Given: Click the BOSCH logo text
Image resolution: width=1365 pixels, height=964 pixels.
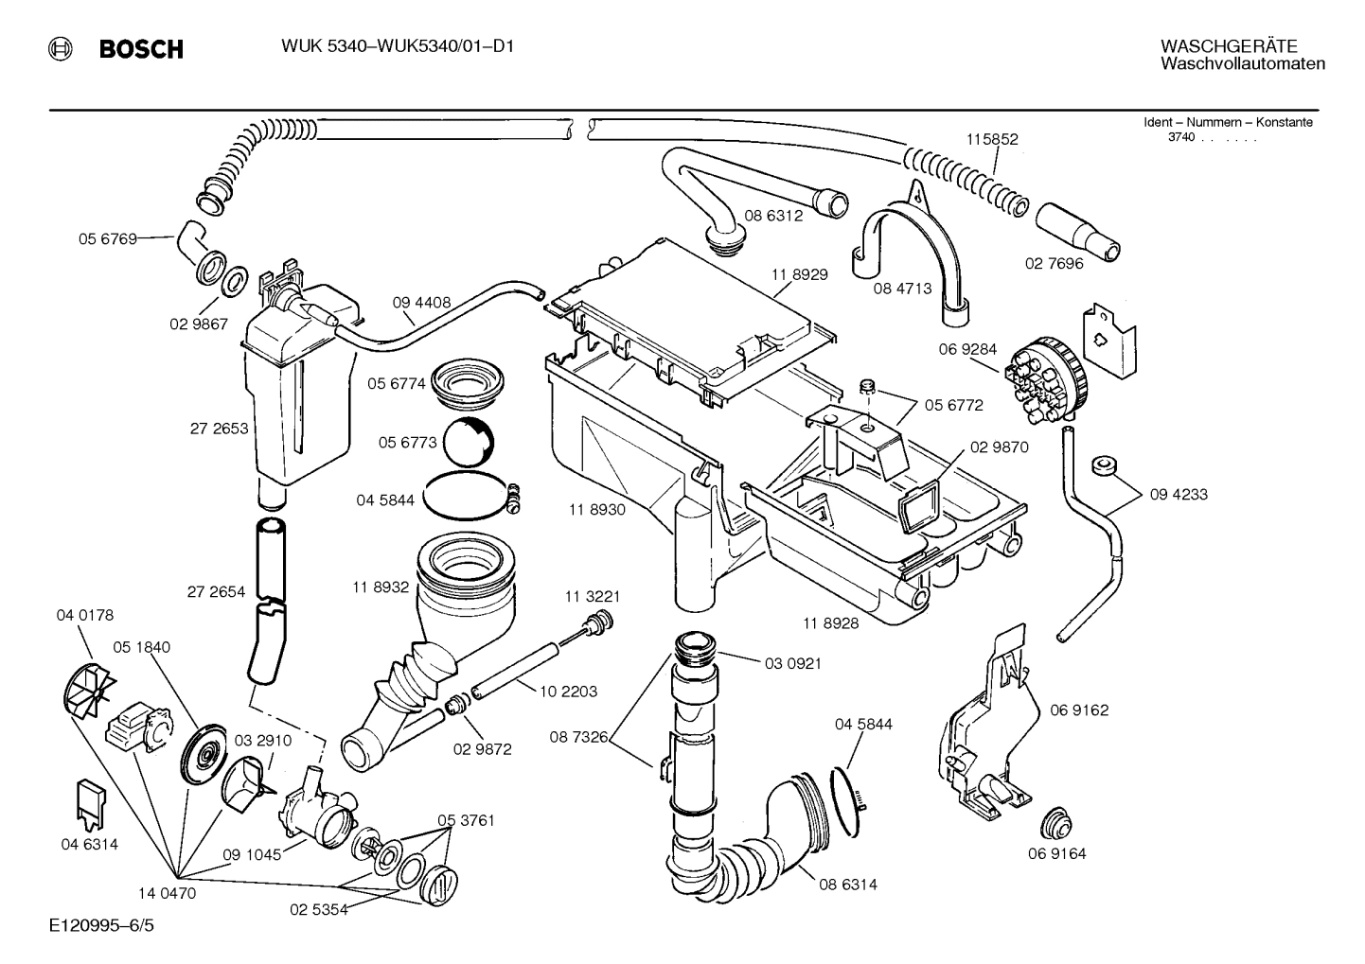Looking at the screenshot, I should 141,49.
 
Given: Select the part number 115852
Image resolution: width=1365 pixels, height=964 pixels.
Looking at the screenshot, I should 992,139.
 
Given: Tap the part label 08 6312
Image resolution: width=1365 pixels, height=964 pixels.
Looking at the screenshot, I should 772,216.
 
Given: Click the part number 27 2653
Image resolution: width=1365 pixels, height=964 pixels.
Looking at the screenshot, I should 219,429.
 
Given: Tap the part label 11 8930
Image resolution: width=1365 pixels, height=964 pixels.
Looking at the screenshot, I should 596,510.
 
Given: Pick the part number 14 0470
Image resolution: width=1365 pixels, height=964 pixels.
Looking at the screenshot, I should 167,891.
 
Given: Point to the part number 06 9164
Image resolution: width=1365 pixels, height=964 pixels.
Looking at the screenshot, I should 1056,853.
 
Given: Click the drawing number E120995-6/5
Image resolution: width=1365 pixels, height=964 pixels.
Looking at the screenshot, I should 102,924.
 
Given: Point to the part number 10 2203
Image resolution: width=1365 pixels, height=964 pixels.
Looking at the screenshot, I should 568,692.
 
